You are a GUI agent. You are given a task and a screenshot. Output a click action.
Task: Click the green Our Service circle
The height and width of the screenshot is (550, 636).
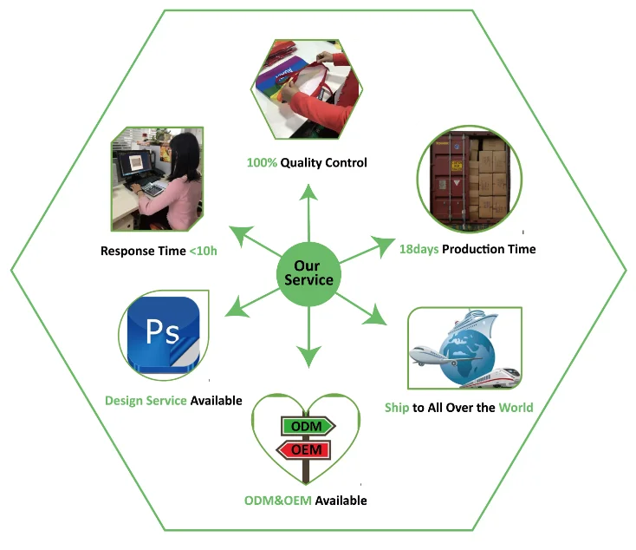pyautogui.click(x=308, y=273)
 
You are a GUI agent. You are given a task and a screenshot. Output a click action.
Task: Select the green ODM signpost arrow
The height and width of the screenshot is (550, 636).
pyautogui.click(x=307, y=427)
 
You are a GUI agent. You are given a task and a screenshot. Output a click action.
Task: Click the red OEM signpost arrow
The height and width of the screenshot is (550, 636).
pyautogui.click(x=304, y=450)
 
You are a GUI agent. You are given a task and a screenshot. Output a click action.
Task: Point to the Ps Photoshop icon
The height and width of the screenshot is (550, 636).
pyautogui.click(x=162, y=335)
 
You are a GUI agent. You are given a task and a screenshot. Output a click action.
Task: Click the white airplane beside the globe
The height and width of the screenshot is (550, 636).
pyautogui.click(x=432, y=355)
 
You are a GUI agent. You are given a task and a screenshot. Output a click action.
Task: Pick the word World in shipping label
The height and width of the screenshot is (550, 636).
pyautogui.click(x=516, y=407)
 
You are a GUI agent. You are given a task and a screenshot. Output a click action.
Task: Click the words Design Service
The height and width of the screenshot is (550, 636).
pyautogui.click(x=146, y=401)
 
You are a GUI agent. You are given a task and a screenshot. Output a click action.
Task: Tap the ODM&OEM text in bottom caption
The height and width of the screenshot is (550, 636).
pyautogui.click(x=277, y=501)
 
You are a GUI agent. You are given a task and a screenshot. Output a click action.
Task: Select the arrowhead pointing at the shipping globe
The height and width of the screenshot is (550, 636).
pyautogui.click(x=375, y=315)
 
